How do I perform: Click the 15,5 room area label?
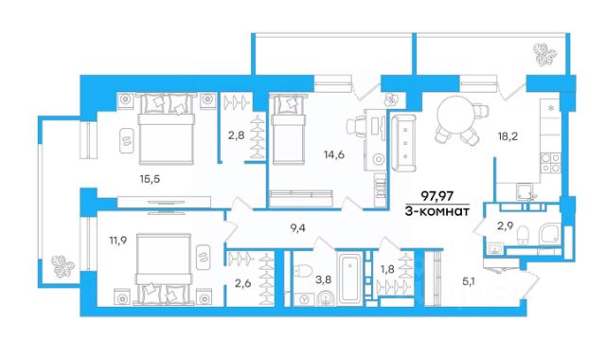[x=150, y=179]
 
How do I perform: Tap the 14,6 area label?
[x=334, y=154]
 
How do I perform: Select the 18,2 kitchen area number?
[x=508, y=136]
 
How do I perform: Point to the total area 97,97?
[x=437, y=196]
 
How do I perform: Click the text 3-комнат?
[x=437, y=211]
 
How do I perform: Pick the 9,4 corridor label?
[x=298, y=228]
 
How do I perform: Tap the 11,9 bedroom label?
[x=119, y=240]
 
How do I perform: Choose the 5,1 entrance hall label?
[x=469, y=281]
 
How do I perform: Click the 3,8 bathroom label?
[x=324, y=279]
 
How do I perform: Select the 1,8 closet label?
[x=387, y=269]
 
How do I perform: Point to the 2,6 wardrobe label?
[x=243, y=283]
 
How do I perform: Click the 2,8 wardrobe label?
[x=236, y=135]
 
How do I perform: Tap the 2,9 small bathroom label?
[x=505, y=226]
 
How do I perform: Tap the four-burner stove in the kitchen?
[x=550, y=162]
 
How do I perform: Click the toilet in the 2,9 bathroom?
[x=524, y=235]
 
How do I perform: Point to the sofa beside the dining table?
[x=404, y=143]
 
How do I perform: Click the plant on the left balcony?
[x=63, y=266]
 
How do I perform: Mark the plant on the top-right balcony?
[x=545, y=54]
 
